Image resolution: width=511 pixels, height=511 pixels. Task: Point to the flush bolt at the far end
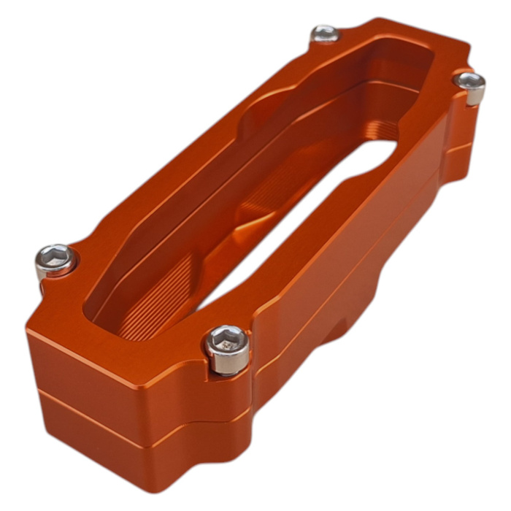pos(325,33)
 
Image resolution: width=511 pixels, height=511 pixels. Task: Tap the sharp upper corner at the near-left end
pos(29,328)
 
